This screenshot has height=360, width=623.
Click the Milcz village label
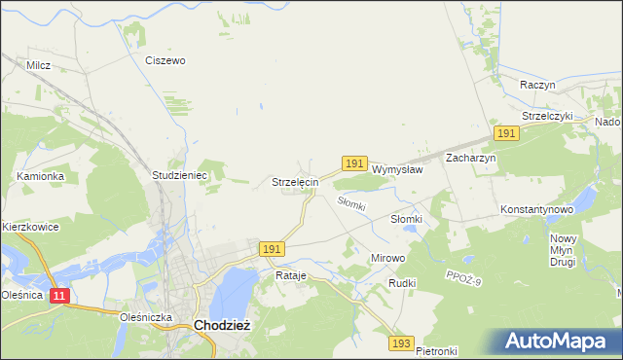pyautogui.click(x=39, y=65)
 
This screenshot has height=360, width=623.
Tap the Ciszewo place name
pyautogui.click(x=165, y=60)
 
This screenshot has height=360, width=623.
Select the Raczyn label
pyautogui.click(x=537, y=85)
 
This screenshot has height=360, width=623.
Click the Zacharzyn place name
pyautogui.click(x=471, y=157)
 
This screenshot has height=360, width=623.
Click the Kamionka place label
pyautogui.click(x=41, y=176)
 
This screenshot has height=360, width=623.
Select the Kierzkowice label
pyautogui.click(x=30, y=227)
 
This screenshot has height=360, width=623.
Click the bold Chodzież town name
pyautogui.click(x=224, y=326)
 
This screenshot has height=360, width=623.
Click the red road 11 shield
pyautogui.click(x=60, y=296)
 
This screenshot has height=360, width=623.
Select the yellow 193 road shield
pyautogui.click(x=401, y=343)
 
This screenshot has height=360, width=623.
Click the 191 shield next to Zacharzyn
pyautogui.click(x=505, y=133)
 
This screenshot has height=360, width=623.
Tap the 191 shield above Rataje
pyautogui.click(x=273, y=250)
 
